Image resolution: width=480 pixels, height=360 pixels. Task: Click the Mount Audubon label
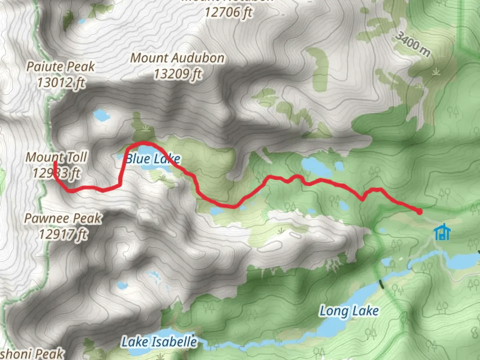[177, 58]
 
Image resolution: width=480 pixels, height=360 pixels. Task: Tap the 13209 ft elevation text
[178, 74]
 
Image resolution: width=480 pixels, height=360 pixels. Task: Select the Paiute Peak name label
[60, 67]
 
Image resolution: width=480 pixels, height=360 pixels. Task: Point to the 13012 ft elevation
[61, 82]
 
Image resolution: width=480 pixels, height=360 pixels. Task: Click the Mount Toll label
[56, 157]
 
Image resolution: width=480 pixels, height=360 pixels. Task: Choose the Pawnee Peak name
[63, 219]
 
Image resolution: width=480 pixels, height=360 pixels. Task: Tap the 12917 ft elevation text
[63, 234]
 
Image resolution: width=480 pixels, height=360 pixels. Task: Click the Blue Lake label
[153, 159]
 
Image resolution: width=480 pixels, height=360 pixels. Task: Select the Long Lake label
[349, 311]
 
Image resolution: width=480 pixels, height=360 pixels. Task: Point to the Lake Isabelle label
[159, 342]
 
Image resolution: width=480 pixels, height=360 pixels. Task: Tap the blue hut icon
[442, 232]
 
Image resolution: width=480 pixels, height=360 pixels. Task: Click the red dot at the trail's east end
[419, 211]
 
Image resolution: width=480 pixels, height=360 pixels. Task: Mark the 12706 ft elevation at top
[228, 13]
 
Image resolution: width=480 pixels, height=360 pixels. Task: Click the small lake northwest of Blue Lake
[101, 115]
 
